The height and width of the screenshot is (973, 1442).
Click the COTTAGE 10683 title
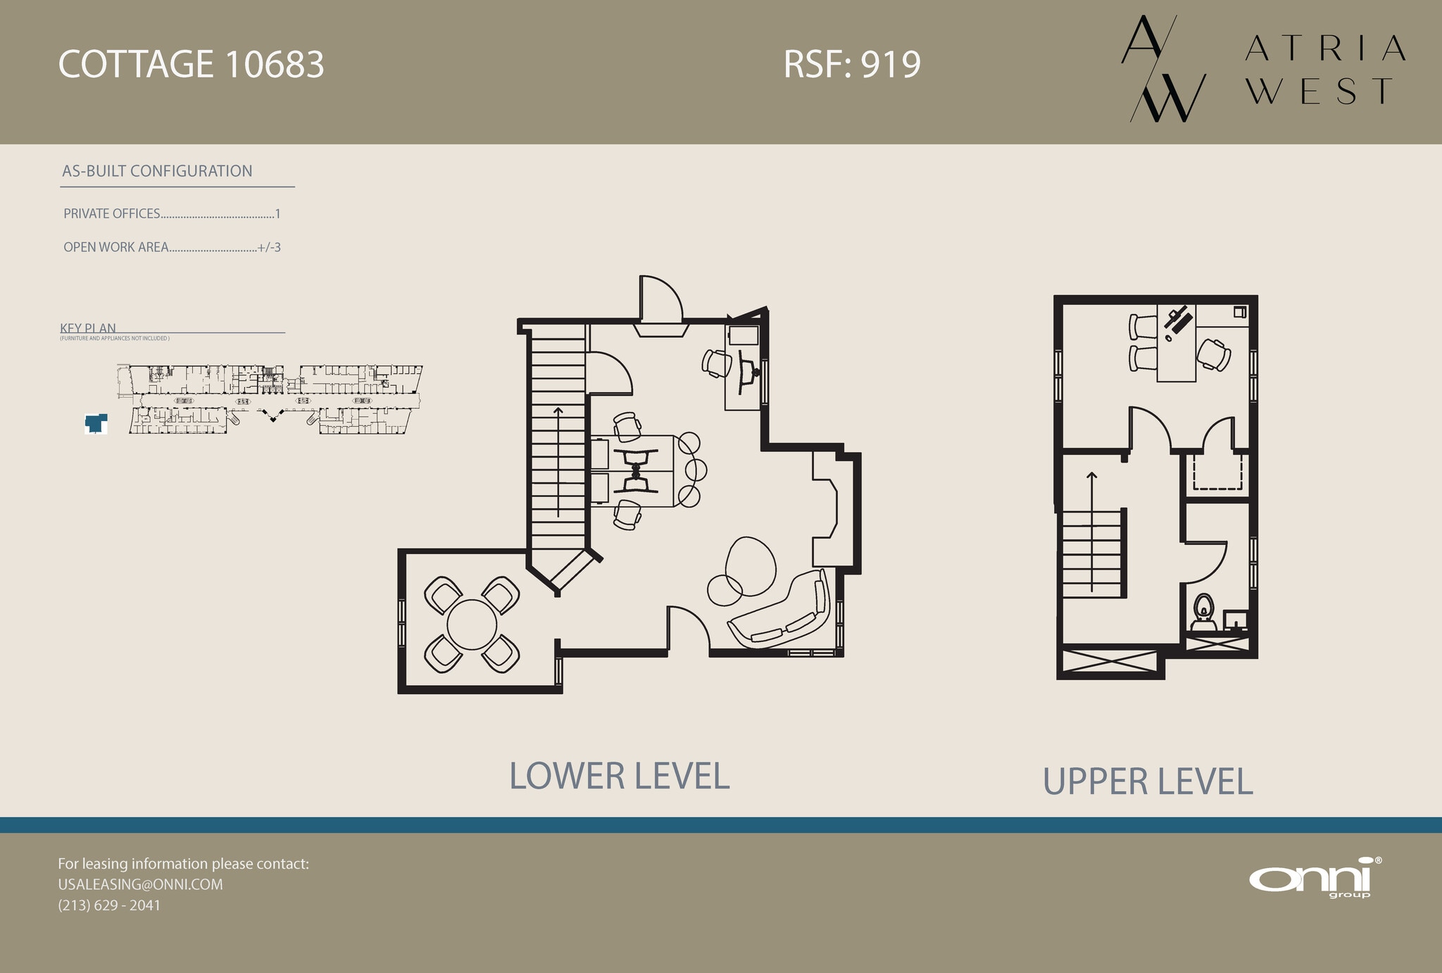[x=191, y=65]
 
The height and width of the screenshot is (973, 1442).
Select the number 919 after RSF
[x=891, y=65]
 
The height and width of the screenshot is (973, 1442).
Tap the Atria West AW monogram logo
[x=1162, y=69]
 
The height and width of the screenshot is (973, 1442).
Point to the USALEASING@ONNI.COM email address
[x=140, y=884]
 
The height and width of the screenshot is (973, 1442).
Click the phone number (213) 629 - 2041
[x=109, y=905]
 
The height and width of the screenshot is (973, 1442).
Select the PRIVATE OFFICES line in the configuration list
[x=172, y=213]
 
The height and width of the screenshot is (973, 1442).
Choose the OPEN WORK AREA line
[x=172, y=247]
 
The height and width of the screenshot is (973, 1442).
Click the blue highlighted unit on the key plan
[x=95, y=423]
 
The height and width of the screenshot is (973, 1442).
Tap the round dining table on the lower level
[x=472, y=624]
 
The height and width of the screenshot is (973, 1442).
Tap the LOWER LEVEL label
[x=619, y=776]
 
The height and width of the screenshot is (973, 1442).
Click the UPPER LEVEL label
[x=1148, y=781]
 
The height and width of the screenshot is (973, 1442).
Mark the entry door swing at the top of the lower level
[x=660, y=299]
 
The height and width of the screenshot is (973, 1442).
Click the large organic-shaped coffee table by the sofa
[x=751, y=567]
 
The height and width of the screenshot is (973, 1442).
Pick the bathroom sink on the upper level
[x=1235, y=620]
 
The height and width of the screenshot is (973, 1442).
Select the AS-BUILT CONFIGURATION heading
[x=157, y=171]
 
